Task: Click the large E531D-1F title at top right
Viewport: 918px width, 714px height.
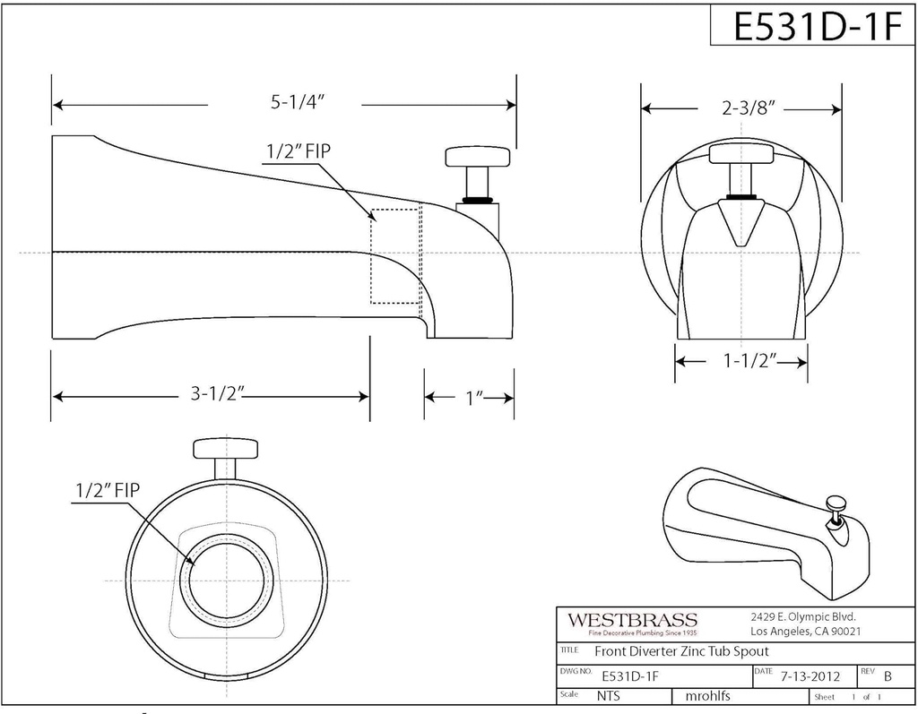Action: (x=813, y=27)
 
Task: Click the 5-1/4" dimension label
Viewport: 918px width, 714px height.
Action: (x=297, y=103)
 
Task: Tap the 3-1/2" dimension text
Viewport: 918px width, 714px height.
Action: (x=216, y=395)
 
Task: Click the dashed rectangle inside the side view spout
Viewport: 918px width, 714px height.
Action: (x=395, y=256)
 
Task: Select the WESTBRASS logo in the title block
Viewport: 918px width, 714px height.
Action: (x=631, y=620)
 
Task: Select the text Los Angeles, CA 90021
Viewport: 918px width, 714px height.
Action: (x=800, y=632)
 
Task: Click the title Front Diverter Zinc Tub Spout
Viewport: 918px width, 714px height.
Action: (x=680, y=652)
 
